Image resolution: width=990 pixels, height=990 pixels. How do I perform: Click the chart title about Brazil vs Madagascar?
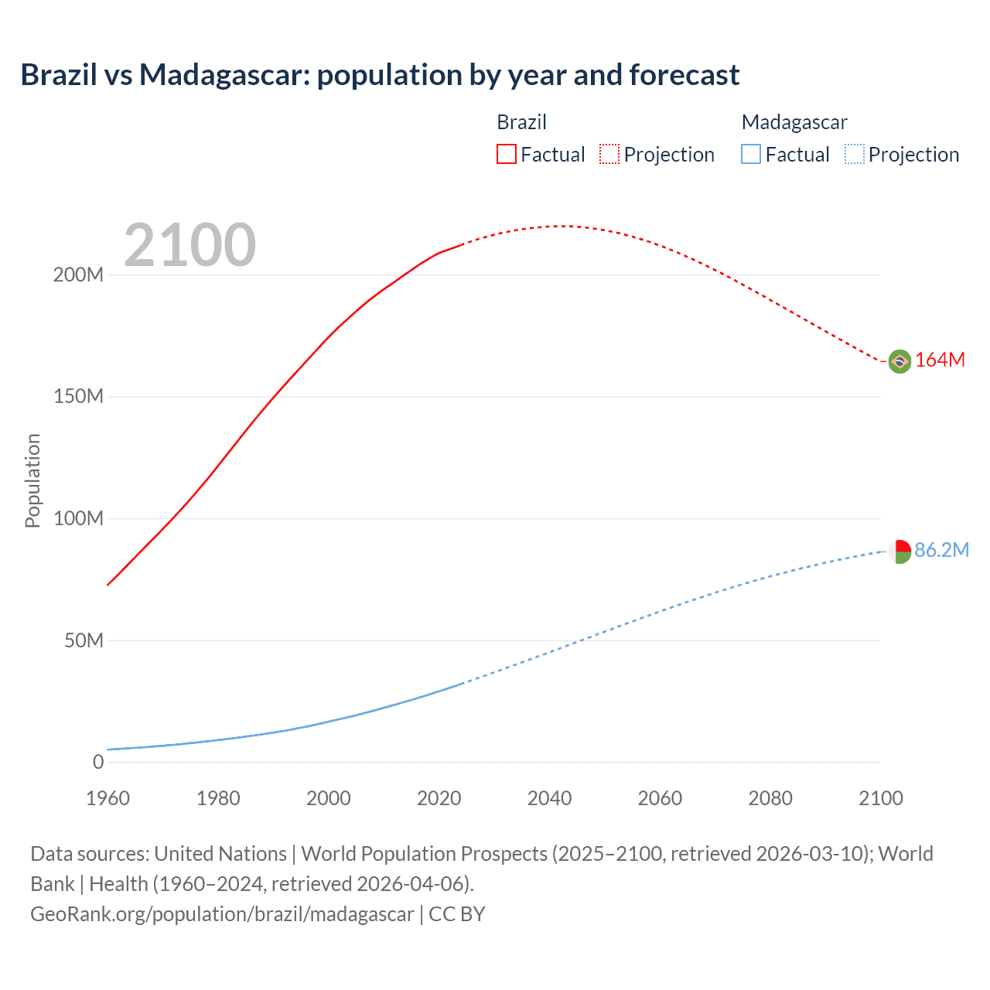click(380, 75)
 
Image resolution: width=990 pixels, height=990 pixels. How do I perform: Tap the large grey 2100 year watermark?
click(189, 245)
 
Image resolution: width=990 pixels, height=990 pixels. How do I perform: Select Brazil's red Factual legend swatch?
click(506, 155)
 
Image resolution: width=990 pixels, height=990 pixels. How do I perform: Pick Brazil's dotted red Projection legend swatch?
click(609, 155)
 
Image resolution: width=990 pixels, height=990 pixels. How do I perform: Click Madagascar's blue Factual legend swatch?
click(751, 155)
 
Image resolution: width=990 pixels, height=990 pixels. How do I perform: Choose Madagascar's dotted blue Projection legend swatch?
click(855, 155)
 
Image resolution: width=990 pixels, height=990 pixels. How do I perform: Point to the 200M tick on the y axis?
click(78, 275)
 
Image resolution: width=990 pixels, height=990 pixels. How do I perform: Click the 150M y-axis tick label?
click(78, 397)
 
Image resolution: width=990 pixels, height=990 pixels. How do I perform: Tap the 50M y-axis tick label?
click(84, 640)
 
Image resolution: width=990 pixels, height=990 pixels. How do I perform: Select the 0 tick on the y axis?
click(98, 762)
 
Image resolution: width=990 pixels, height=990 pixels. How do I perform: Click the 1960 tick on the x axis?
click(108, 798)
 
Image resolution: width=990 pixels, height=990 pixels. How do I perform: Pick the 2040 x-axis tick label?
click(549, 798)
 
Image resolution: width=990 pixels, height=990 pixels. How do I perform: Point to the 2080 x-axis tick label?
click(770, 798)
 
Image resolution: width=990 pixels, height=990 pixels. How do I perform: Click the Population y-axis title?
click(32, 480)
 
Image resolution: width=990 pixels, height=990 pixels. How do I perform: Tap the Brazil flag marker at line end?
click(900, 361)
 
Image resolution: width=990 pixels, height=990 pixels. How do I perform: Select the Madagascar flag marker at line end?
click(900, 551)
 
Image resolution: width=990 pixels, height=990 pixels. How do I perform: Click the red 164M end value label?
click(940, 360)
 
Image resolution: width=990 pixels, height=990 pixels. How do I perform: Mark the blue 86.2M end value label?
click(941, 550)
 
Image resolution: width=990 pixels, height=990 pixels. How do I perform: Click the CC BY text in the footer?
click(457, 914)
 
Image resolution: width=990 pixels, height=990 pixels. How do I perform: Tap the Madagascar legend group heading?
click(794, 122)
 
